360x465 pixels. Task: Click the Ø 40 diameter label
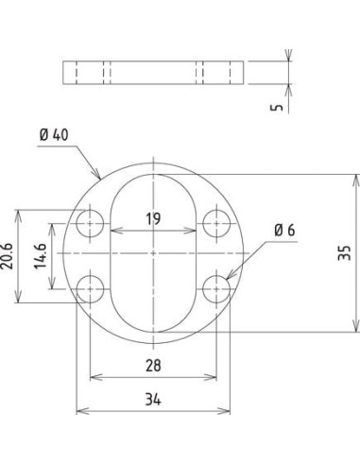(54, 135)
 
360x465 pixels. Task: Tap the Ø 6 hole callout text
(284, 231)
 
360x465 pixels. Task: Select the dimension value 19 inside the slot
(153, 218)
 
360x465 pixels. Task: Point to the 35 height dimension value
(344, 252)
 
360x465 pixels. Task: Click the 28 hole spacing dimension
(153, 366)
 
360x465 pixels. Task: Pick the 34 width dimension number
(153, 400)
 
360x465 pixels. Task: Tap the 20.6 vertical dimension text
(7, 256)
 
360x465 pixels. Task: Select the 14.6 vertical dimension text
(41, 256)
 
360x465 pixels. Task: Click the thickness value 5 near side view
(277, 107)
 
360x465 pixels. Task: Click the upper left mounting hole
(90, 223)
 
